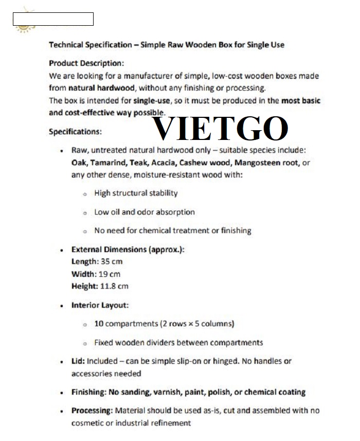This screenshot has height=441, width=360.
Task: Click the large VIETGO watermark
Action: click(x=221, y=129)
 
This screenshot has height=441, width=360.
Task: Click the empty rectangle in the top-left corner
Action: click(x=53, y=19)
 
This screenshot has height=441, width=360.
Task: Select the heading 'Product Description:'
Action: click(x=86, y=63)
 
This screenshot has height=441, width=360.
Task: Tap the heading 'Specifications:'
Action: click(x=75, y=132)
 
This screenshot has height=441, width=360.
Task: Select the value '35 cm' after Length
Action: click(x=112, y=261)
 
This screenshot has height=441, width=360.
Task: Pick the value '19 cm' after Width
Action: click(x=110, y=274)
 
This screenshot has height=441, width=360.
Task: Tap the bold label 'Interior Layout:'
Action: click(x=100, y=305)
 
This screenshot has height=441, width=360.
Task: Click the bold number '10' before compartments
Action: click(x=99, y=324)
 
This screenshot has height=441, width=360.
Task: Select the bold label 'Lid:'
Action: click(x=78, y=361)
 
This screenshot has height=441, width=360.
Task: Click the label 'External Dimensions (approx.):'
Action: click(x=128, y=249)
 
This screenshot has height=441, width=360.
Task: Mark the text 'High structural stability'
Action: click(x=136, y=193)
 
